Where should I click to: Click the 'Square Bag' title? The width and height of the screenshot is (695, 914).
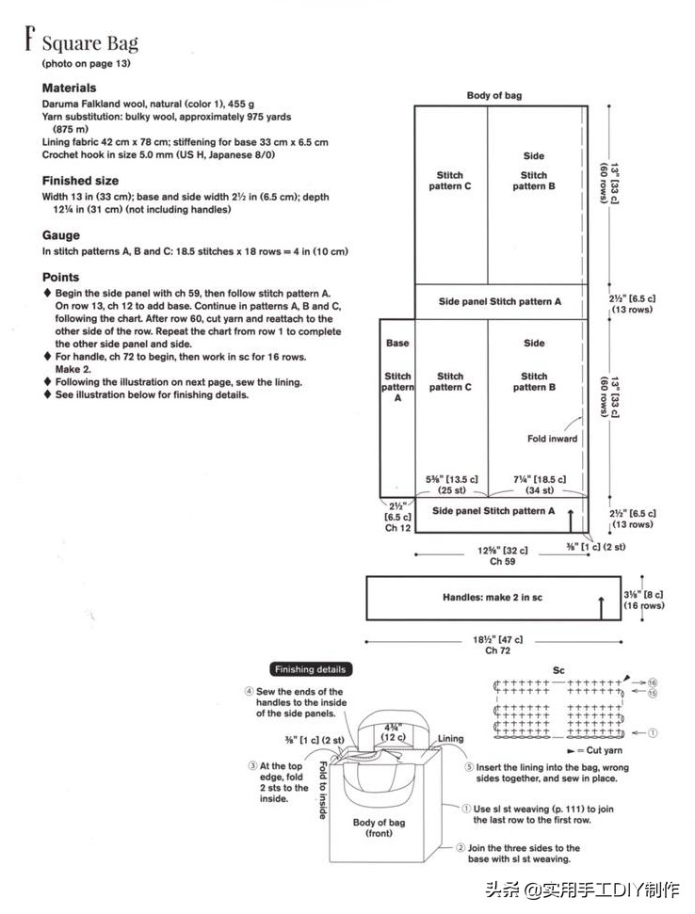[x=89, y=43]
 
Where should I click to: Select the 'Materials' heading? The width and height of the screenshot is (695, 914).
[x=69, y=88]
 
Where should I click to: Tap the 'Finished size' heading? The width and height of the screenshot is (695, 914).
[x=80, y=180]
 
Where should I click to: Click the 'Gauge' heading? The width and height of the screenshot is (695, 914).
[x=61, y=235]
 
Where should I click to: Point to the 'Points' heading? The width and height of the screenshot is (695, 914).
[x=61, y=278]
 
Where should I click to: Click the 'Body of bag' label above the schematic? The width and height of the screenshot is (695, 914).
[x=493, y=95]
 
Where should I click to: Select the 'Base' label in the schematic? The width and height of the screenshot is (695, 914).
[x=397, y=343]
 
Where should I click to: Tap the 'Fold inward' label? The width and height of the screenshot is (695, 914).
[x=552, y=439]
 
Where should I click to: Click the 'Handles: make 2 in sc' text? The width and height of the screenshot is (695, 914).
[x=493, y=598]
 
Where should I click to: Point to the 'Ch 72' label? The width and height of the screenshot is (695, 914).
[x=496, y=650]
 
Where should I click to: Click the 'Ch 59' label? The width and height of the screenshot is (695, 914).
[x=502, y=562]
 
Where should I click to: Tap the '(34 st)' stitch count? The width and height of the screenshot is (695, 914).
[x=534, y=490]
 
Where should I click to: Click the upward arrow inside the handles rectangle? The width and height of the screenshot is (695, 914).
[x=600, y=605]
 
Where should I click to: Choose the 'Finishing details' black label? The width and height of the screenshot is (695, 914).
[x=310, y=669]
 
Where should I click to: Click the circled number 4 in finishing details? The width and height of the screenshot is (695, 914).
[x=249, y=692]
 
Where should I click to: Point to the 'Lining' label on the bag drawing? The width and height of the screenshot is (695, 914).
[x=451, y=739]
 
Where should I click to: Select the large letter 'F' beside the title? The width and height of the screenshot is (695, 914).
[x=29, y=40]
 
